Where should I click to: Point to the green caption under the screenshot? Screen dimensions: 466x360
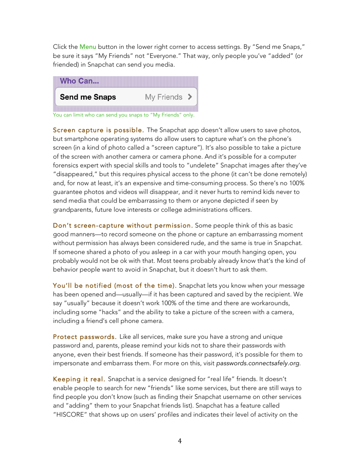point(124,114)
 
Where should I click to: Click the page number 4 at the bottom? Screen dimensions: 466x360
point(180,441)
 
